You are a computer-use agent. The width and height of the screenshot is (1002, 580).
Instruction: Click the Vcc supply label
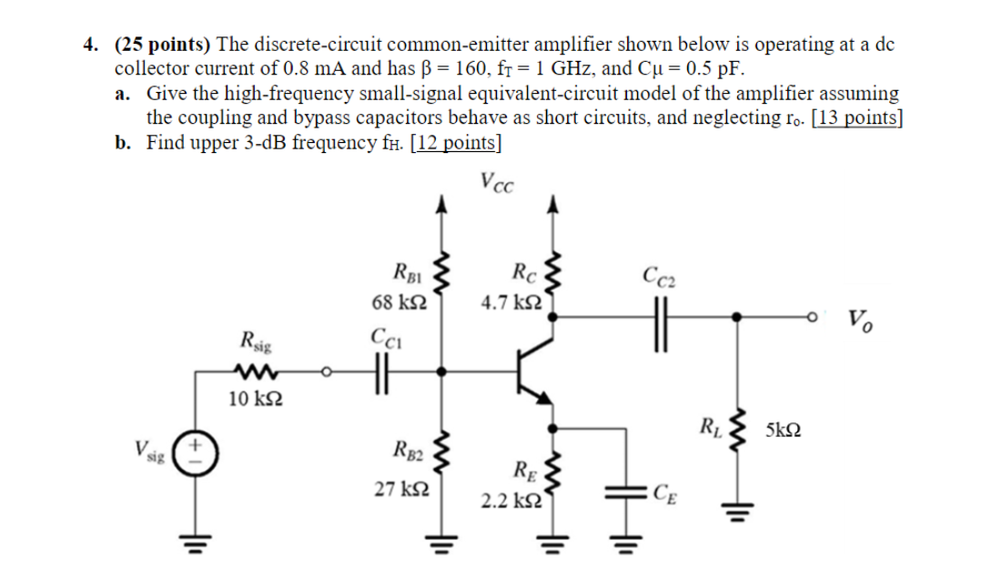[496, 183]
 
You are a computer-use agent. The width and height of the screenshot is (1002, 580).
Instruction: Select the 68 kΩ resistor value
[395, 301]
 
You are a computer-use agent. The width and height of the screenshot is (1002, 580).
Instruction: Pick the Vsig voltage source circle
[192, 453]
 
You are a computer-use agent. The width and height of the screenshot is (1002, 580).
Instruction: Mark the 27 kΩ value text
[395, 488]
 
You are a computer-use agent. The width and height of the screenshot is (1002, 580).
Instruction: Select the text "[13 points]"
[854, 118]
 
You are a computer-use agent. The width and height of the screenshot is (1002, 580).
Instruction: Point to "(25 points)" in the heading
[161, 45]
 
